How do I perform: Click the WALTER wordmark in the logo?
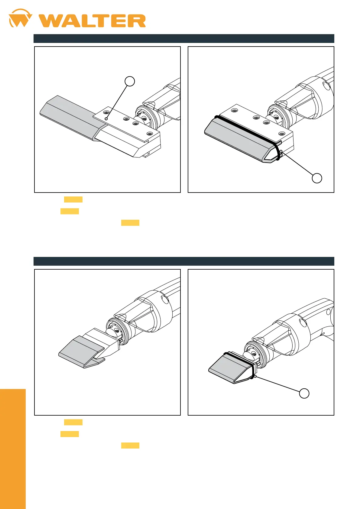point(92,21)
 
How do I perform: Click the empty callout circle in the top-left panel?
point(130,81)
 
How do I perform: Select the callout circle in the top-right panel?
point(317,178)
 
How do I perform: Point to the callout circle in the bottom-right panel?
point(304,393)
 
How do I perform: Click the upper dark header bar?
point(184,38)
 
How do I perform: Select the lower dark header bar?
point(184,261)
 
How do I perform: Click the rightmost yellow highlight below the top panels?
point(130,223)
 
